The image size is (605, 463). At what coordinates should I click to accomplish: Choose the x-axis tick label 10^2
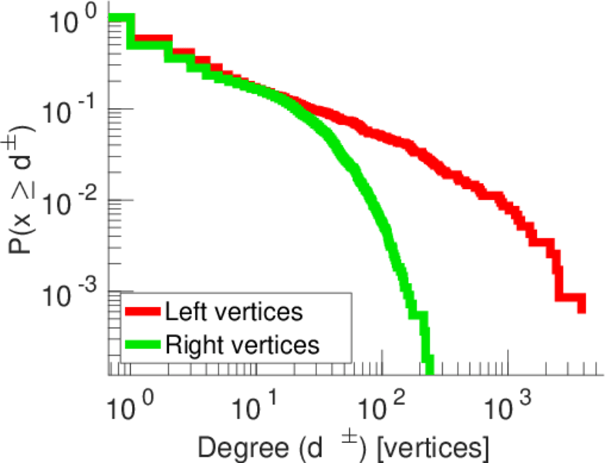click(x=383, y=404)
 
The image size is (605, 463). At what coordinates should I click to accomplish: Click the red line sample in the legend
click(x=143, y=313)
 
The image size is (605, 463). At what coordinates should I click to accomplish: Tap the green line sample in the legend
click(x=143, y=344)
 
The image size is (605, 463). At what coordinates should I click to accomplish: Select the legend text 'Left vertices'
click(x=233, y=313)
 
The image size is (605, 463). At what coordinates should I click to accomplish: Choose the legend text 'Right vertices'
click(x=242, y=344)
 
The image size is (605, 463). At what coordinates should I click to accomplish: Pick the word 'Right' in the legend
click(x=190, y=344)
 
